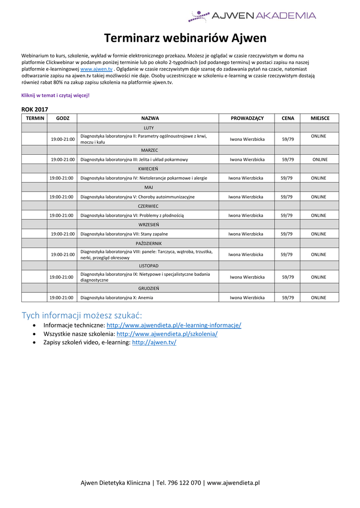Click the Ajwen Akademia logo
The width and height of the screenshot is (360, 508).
pyautogui.click(x=252, y=16)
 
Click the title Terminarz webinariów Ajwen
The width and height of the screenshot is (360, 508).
pyautogui.click(x=185, y=38)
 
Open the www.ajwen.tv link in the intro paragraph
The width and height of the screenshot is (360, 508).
pyautogui.click(x=96, y=69)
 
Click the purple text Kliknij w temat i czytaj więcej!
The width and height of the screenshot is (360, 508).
pyautogui.click(x=55, y=95)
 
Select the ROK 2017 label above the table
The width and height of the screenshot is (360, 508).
pyautogui.click(x=35, y=109)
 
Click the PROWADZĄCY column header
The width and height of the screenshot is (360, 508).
pyautogui.click(x=247, y=118)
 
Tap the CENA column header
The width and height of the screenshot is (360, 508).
pyautogui.click(x=288, y=118)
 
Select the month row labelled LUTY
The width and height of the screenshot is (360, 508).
pyautogui.click(x=148, y=128)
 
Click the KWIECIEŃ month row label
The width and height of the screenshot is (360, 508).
pyautogui.click(x=148, y=169)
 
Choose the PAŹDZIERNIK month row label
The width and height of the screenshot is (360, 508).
pyautogui.click(x=148, y=244)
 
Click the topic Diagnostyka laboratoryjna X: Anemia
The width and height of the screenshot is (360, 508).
pyautogui.click(x=117, y=298)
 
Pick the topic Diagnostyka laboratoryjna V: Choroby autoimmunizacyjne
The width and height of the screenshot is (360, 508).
pyautogui.click(x=138, y=197)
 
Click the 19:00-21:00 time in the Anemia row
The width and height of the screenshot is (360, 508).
pyautogui.click(x=61, y=298)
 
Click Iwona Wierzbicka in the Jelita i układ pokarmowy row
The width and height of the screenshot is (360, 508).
pyautogui.click(x=247, y=160)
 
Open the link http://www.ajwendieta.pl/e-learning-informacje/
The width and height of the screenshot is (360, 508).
pyautogui.click(x=174, y=325)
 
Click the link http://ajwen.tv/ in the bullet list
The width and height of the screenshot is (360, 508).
pyautogui.click(x=154, y=343)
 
